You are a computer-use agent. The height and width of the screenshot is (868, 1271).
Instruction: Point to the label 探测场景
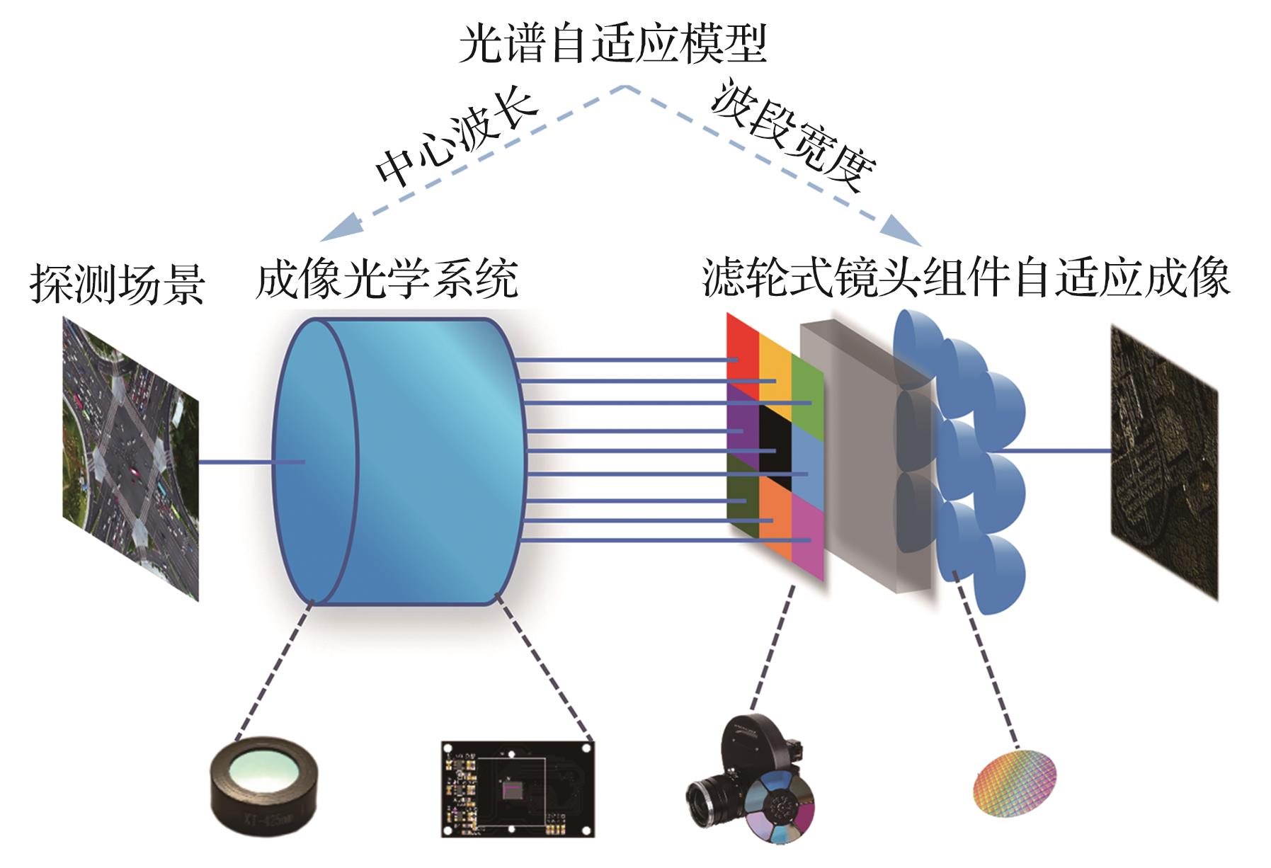click(117, 285)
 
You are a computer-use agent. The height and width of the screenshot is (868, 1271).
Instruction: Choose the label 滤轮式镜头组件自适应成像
click(966, 278)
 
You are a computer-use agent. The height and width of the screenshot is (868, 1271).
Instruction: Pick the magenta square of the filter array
click(807, 538)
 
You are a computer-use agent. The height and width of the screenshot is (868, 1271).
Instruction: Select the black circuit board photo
click(517, 790)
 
